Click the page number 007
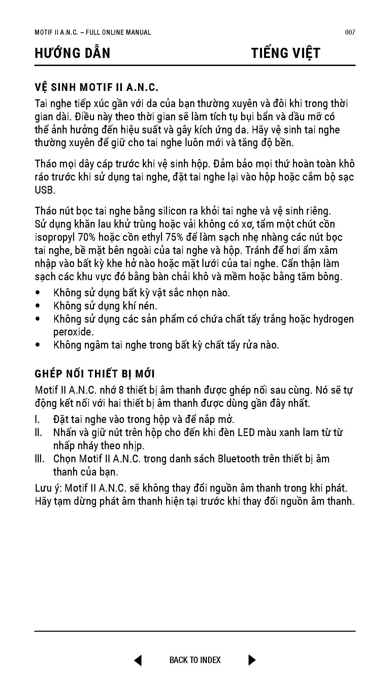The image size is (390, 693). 350,32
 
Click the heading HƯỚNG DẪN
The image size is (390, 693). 72,53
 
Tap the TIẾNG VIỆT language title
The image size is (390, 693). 286,53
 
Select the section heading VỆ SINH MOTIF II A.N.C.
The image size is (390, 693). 96,88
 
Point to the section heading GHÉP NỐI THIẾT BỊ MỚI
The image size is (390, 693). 95,374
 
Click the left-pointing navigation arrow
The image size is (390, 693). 138,660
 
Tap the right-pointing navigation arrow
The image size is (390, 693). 252,660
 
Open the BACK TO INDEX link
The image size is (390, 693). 195,660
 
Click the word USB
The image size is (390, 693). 44,190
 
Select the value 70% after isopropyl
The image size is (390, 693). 87,237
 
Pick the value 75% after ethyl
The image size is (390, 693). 174,237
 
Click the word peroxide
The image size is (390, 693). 72,332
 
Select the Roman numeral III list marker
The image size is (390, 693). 39,459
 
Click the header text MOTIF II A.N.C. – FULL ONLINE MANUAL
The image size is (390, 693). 93,32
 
